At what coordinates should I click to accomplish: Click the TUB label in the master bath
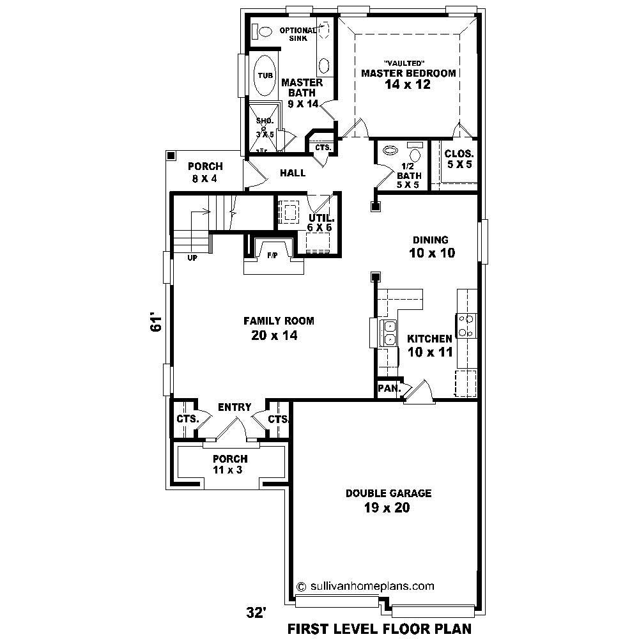click(x=265, y=75)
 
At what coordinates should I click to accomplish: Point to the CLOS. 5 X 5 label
click(x=459, y=159)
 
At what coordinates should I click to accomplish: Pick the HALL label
click(x=293, y=173)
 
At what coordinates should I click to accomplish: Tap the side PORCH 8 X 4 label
click(x=205, y=173)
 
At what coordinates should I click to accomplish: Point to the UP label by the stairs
click(x=192, y=259)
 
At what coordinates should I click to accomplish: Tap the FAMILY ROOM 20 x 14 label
click(x=278, y=328)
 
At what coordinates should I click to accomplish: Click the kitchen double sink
click(x=388, y=333)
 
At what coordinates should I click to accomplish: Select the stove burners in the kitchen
click(x=467, y=325)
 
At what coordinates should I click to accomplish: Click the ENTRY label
click(x=235, y=407)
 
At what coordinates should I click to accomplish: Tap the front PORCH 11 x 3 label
click(x=230, y=465)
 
